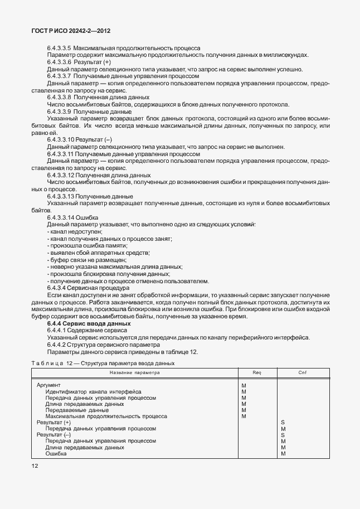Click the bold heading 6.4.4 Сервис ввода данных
[89, 324]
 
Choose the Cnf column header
[303, 372]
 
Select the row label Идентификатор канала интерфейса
[94, 392]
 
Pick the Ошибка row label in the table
[56, 453]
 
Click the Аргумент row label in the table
[48, 386]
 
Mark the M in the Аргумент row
[244, 386]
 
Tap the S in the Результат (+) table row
[283, 423]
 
